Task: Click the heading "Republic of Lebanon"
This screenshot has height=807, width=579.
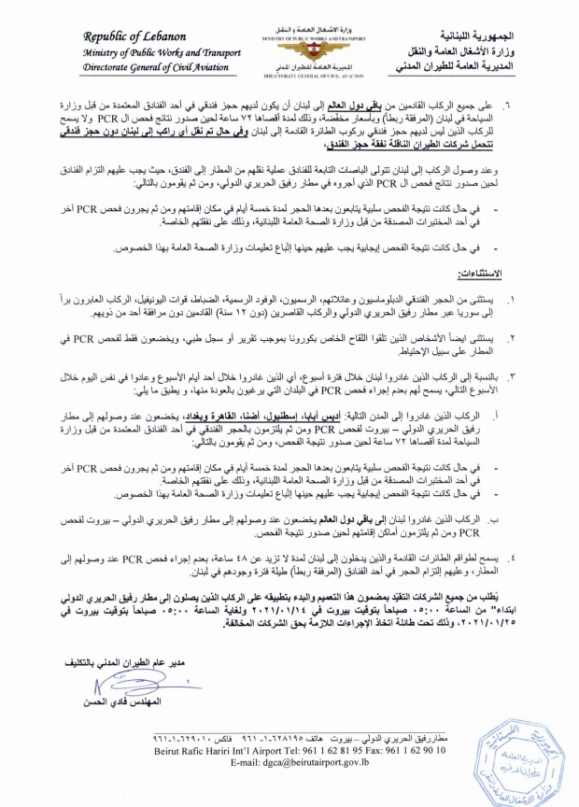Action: (134, 35)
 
